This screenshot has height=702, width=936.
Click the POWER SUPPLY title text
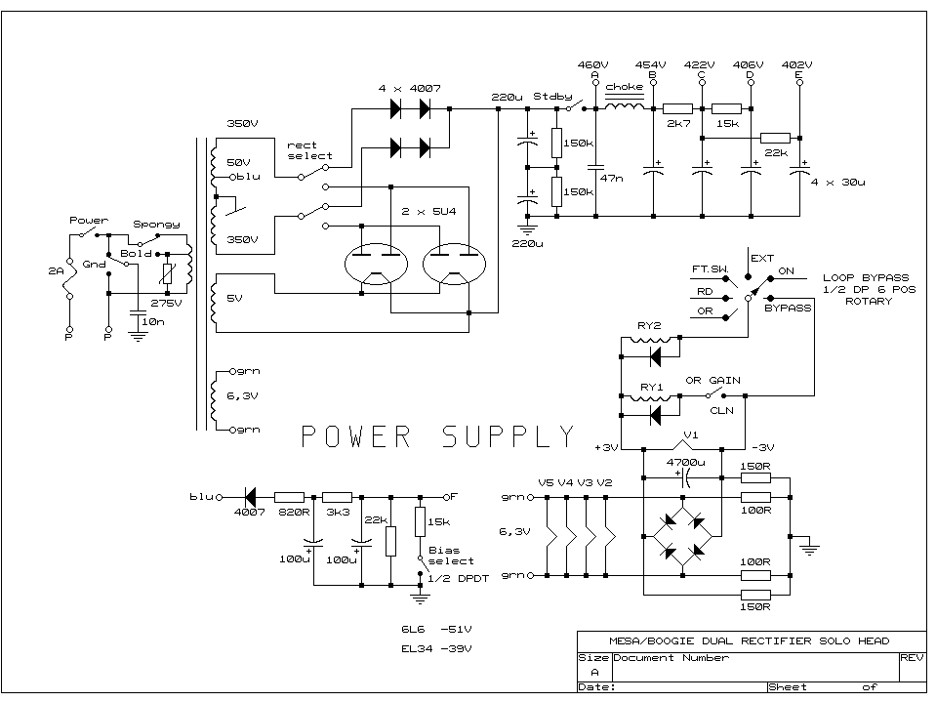click(437, 435)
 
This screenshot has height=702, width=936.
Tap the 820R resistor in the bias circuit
click(290, 496)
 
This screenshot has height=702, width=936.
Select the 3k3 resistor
click(338, 496)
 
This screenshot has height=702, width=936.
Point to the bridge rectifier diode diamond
click(682, 536)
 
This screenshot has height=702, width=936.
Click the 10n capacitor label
click(152, 321)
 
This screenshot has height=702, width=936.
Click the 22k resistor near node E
click(775, 137)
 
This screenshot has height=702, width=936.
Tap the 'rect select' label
click(309, 150)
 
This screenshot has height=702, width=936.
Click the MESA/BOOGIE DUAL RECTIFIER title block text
click(748, 640)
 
